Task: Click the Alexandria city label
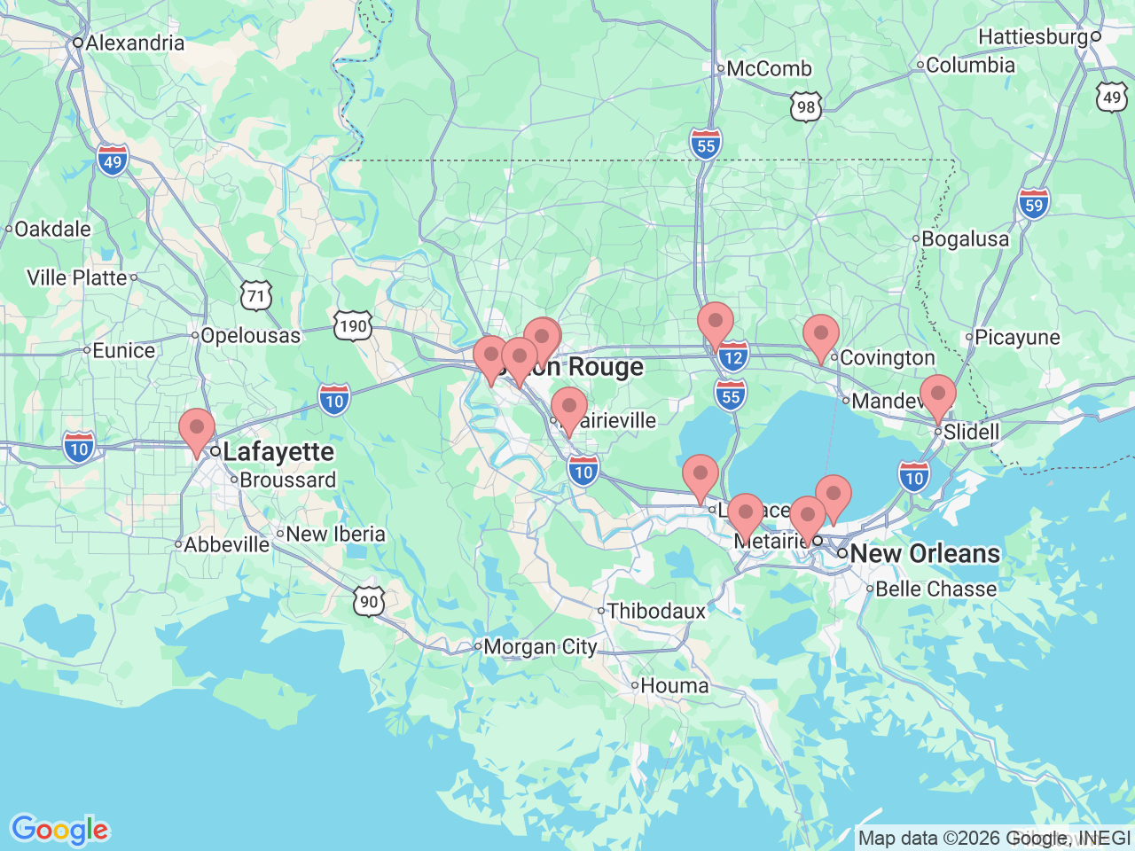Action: pos(135,43)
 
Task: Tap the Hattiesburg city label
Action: pos(1033,36)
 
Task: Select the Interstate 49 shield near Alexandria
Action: pos(113,161)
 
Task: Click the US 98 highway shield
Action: pos(805,107)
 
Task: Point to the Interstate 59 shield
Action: pos(1033,205)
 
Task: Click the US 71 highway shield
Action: pos(256,295)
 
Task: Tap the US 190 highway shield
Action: pos(352,326)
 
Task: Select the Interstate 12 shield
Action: pos(732,358)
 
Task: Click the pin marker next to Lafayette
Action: pos(196,430)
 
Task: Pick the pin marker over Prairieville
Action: pos(568,409)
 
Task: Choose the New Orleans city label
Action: pos(925,553)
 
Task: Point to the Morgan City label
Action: pos(539,647)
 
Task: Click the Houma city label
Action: pos(674,685)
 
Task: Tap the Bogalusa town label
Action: pos(965,238)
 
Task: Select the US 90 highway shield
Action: pos(369,602)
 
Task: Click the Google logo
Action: pos(59,830)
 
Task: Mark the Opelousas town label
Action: pos(250,335)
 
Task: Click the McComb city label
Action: pos(768,68)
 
